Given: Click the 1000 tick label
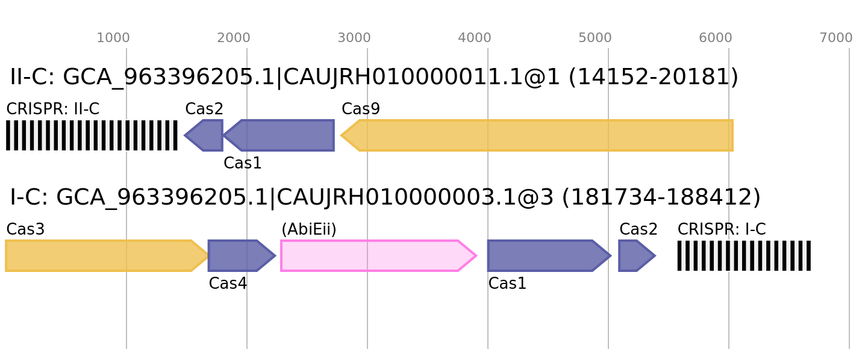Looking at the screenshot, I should point(113,38).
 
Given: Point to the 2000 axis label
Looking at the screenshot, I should point(234,38).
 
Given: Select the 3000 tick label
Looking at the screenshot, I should point(354,38).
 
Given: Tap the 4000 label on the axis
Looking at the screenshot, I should point(475,38).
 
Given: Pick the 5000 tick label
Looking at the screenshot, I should point(595,38).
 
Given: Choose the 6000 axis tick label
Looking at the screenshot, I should point(716,38).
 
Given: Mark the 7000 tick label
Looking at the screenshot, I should point(836,38).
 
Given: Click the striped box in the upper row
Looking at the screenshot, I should point(92,135).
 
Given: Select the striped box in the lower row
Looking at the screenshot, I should point(744,256).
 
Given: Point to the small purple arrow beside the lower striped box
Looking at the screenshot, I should point(636,256).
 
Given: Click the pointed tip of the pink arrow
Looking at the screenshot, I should point(476,256).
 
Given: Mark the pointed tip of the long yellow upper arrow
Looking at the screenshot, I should point(342,135).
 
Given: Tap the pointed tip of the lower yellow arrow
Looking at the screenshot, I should point(208,256).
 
